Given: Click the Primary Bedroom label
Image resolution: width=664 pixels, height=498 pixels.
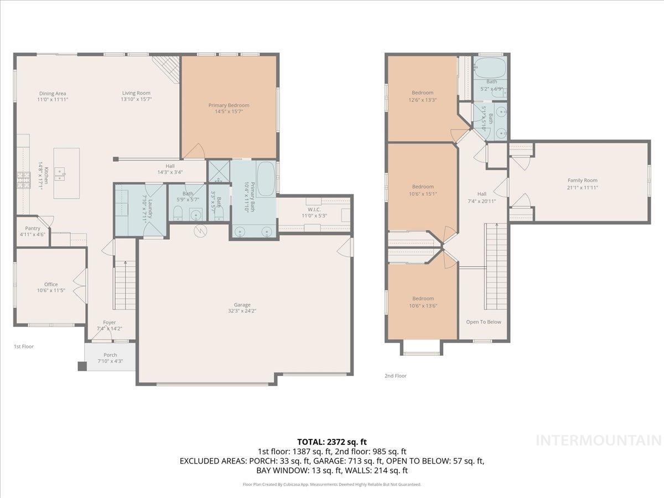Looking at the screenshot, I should click(x=229, y=105).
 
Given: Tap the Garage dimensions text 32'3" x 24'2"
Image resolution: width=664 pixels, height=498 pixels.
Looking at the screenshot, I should click(x=242, y=311).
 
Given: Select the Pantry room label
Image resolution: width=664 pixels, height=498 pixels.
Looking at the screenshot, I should click(x=33, y=228).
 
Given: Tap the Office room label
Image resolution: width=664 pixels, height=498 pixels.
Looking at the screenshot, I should click(x=51, y=284).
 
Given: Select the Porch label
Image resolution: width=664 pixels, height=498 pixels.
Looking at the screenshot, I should click(x=110, y=355).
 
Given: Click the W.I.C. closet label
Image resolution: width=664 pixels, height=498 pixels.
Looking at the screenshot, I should click(x=314, y=209).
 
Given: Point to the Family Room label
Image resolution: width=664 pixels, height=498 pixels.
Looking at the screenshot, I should click(x=582, y=180).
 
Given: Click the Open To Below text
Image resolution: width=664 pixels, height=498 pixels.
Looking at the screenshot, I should click(x=483, y=322).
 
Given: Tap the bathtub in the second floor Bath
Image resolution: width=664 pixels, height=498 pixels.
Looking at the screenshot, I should click(x=489, y=68).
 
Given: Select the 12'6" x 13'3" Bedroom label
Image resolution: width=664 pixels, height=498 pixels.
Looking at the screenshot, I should click(x=422, y=93).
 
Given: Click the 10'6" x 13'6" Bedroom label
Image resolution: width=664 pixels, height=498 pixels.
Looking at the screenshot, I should click(x=422, y=299).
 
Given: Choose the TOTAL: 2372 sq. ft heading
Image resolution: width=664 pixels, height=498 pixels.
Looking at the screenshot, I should click(x=332, y=442).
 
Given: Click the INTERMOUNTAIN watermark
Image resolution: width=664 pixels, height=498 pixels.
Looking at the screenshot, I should click(x=599, y=441).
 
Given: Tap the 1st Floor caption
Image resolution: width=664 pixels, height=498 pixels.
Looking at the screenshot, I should click(x=24, y=346).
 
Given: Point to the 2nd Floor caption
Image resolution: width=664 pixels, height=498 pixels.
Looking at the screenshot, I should click(x=395, y=376).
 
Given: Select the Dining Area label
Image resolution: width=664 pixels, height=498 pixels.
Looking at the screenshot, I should click(x=52, y=94).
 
